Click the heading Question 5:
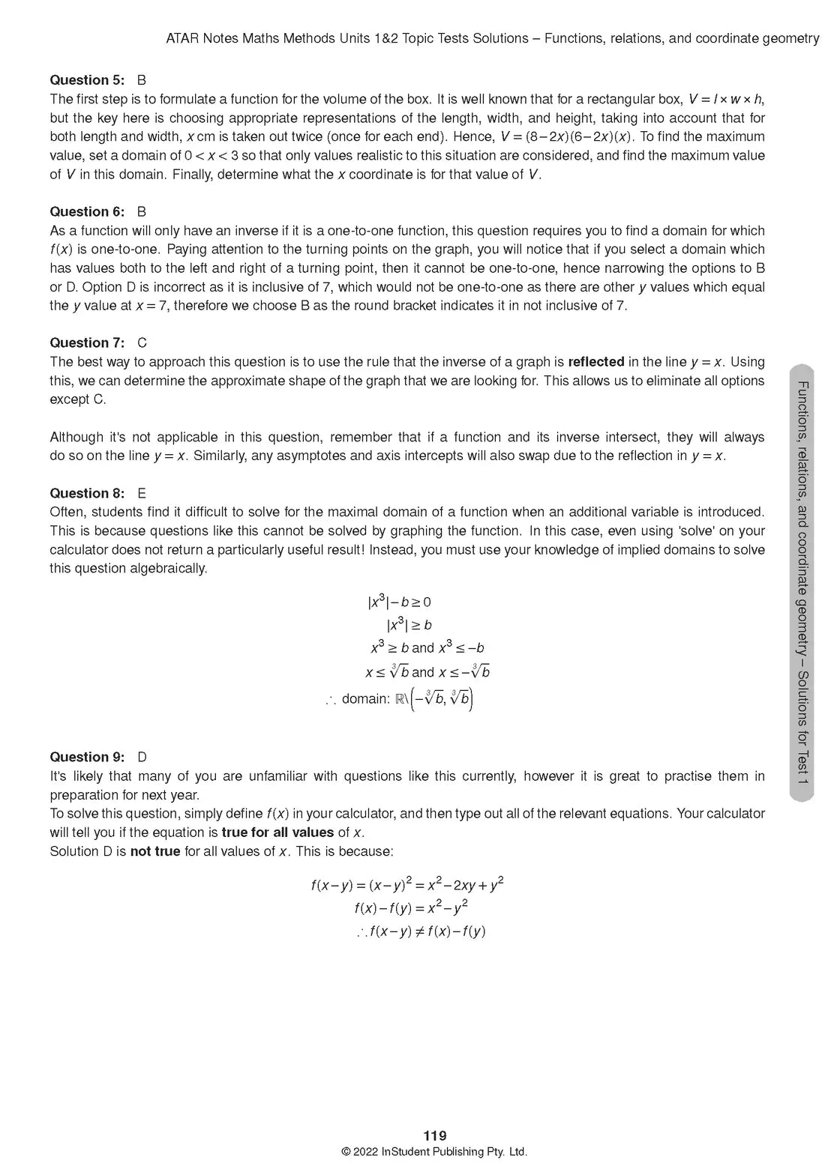[x=87, y=80]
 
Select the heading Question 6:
[x=87, y=211]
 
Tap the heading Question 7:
[x=87, y=342]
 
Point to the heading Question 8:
[x=87, y=493]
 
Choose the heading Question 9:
[x=87, y=757]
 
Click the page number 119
[x=434, y=1136]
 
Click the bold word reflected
[x=595, y=362]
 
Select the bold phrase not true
[x=155, y=851]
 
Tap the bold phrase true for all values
[x=277, y=833]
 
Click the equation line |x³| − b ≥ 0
[x=399, y=602]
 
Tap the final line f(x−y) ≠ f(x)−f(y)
[x=421, y=932]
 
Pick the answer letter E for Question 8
[x=142, y=493]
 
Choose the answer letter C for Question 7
[x=142, y=342]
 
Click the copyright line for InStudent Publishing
[x=434, y=1153]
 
